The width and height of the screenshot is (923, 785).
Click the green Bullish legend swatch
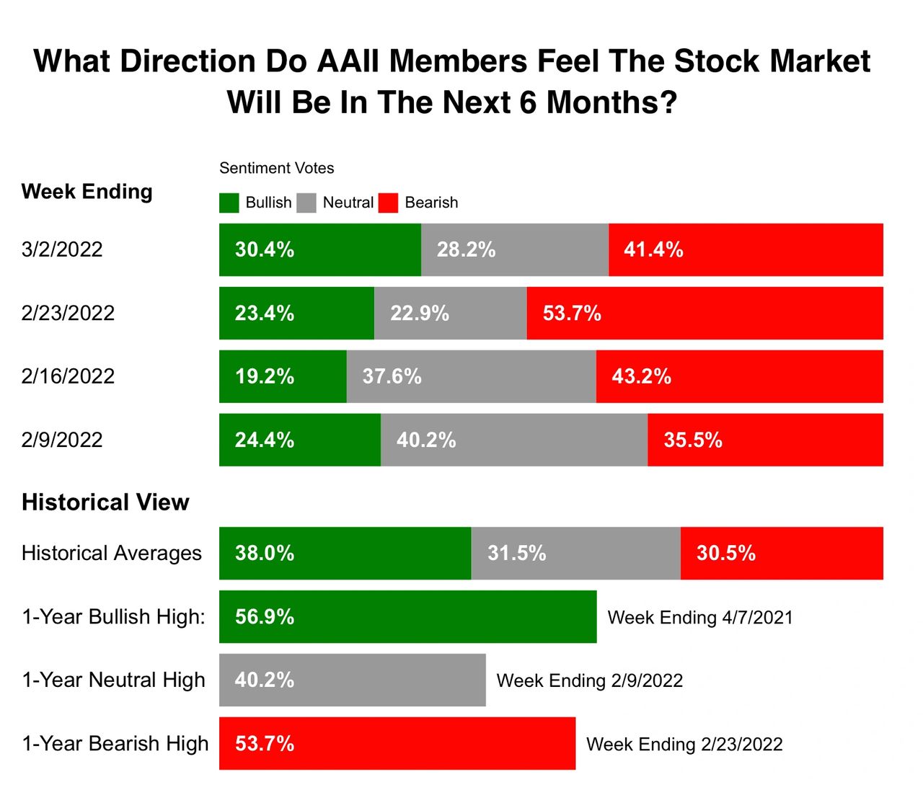(229, 203)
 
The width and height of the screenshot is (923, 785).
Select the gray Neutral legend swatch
(306, 203)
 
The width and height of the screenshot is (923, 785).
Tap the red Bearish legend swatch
(388, 203)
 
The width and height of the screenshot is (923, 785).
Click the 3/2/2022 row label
(62, 249)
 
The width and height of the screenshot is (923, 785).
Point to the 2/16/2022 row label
(68, 376)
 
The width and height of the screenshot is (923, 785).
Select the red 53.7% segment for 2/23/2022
(705, 313)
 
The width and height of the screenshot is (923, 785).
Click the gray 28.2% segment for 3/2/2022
(514, 249)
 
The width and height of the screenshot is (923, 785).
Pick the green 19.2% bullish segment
(283, 376)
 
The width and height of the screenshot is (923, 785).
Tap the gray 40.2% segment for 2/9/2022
(513, 440)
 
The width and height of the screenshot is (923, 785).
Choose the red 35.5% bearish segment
(765, 440)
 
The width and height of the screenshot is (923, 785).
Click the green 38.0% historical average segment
(345, 553)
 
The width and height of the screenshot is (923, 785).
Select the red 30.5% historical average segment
(782, 553)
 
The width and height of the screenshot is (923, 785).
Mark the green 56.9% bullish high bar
(407, 616)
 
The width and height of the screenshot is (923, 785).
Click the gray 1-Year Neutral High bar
(352, 680)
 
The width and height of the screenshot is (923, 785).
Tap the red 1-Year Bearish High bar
(397, 743)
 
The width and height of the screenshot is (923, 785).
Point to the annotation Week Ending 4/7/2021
(699, 618)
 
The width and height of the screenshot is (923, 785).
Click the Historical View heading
(105, 502)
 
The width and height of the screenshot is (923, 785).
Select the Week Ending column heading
(87, 192)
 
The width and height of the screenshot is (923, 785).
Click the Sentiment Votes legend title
(276, 168)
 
